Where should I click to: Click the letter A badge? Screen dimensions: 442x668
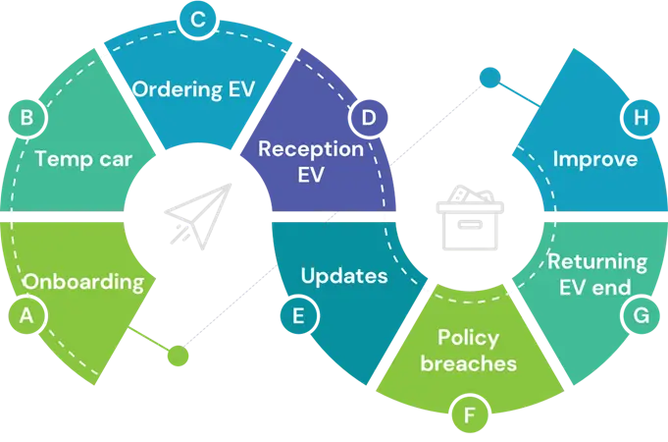(x=26, y=316)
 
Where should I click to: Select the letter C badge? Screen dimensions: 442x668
(x=198, y=19)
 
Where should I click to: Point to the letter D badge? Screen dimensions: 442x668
(x=369, y=118)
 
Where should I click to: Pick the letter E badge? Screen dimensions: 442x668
(x=297, y=315)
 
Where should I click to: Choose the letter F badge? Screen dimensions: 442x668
(x=470, y=415)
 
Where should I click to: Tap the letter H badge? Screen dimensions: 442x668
(x=642, y=118)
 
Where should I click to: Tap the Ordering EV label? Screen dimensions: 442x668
(x=193, y=89)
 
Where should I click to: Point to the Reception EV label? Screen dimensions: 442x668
(x=309, y=163)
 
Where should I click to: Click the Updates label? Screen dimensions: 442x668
(x=343, y=276)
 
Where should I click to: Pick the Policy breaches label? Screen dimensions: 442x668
(x=468, y=351)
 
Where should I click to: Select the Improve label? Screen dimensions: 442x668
(x=595, y=159)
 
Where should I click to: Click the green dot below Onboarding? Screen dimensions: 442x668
(x=178, y=355)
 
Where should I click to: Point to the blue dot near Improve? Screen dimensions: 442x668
(x=488, y=77)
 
